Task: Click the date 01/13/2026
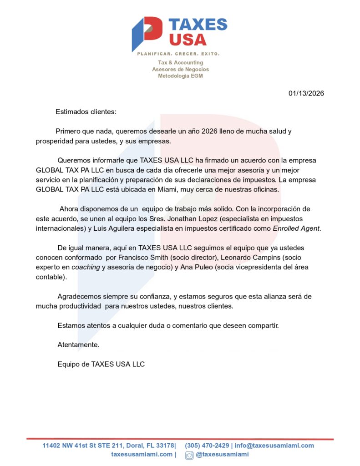point(306,93)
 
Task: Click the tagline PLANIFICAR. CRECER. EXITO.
point(178,54)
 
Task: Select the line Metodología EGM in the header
point(180,76)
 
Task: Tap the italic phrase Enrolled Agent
point(296,228)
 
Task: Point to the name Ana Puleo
point(197,267)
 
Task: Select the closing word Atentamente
point(78,345)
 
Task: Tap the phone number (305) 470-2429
point(207,446)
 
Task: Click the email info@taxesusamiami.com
point(274,446)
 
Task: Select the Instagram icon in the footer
point(189,455)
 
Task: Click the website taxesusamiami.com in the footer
point(142,455)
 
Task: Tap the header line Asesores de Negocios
point(180,69)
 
